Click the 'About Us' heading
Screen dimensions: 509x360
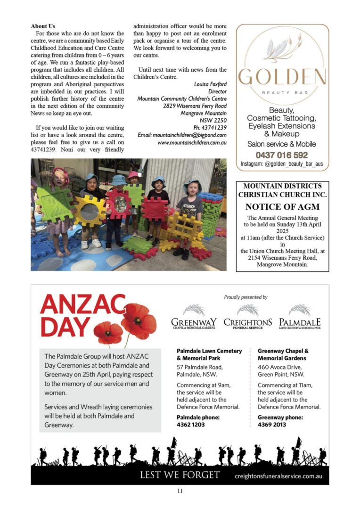pos(43,26)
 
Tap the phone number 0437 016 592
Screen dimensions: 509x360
pos(282,155)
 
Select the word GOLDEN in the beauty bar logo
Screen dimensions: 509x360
pos(282,77)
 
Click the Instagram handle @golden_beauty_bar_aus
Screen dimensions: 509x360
pos(282,164)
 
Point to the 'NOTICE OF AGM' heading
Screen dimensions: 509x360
pos(282,207)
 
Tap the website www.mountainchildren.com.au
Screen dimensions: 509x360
pos(192,142)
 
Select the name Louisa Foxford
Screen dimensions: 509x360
pos(210,84)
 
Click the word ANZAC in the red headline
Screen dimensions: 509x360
pos(82,305)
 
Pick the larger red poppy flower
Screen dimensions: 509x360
pos(139,320)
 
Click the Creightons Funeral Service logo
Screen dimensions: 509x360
pos(247,319)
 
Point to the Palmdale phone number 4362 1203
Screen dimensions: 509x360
pos(191,425)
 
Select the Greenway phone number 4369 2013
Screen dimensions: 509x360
pos(271,425)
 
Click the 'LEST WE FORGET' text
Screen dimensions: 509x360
pos(180,475)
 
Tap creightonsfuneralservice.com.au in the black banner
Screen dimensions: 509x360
pos(278,476)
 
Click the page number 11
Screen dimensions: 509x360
pos(180,491)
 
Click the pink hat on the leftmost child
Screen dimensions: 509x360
pos(60,173)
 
